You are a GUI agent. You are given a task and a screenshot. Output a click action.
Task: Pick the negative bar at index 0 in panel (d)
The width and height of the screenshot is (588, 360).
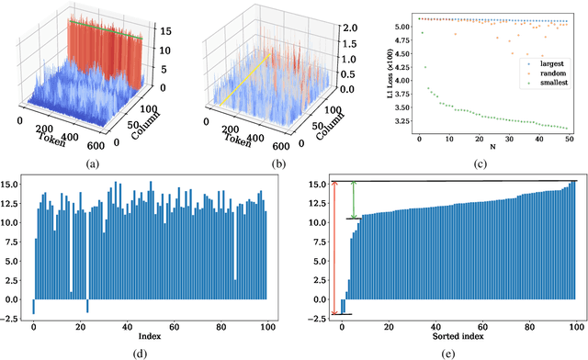coord(34,307)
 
